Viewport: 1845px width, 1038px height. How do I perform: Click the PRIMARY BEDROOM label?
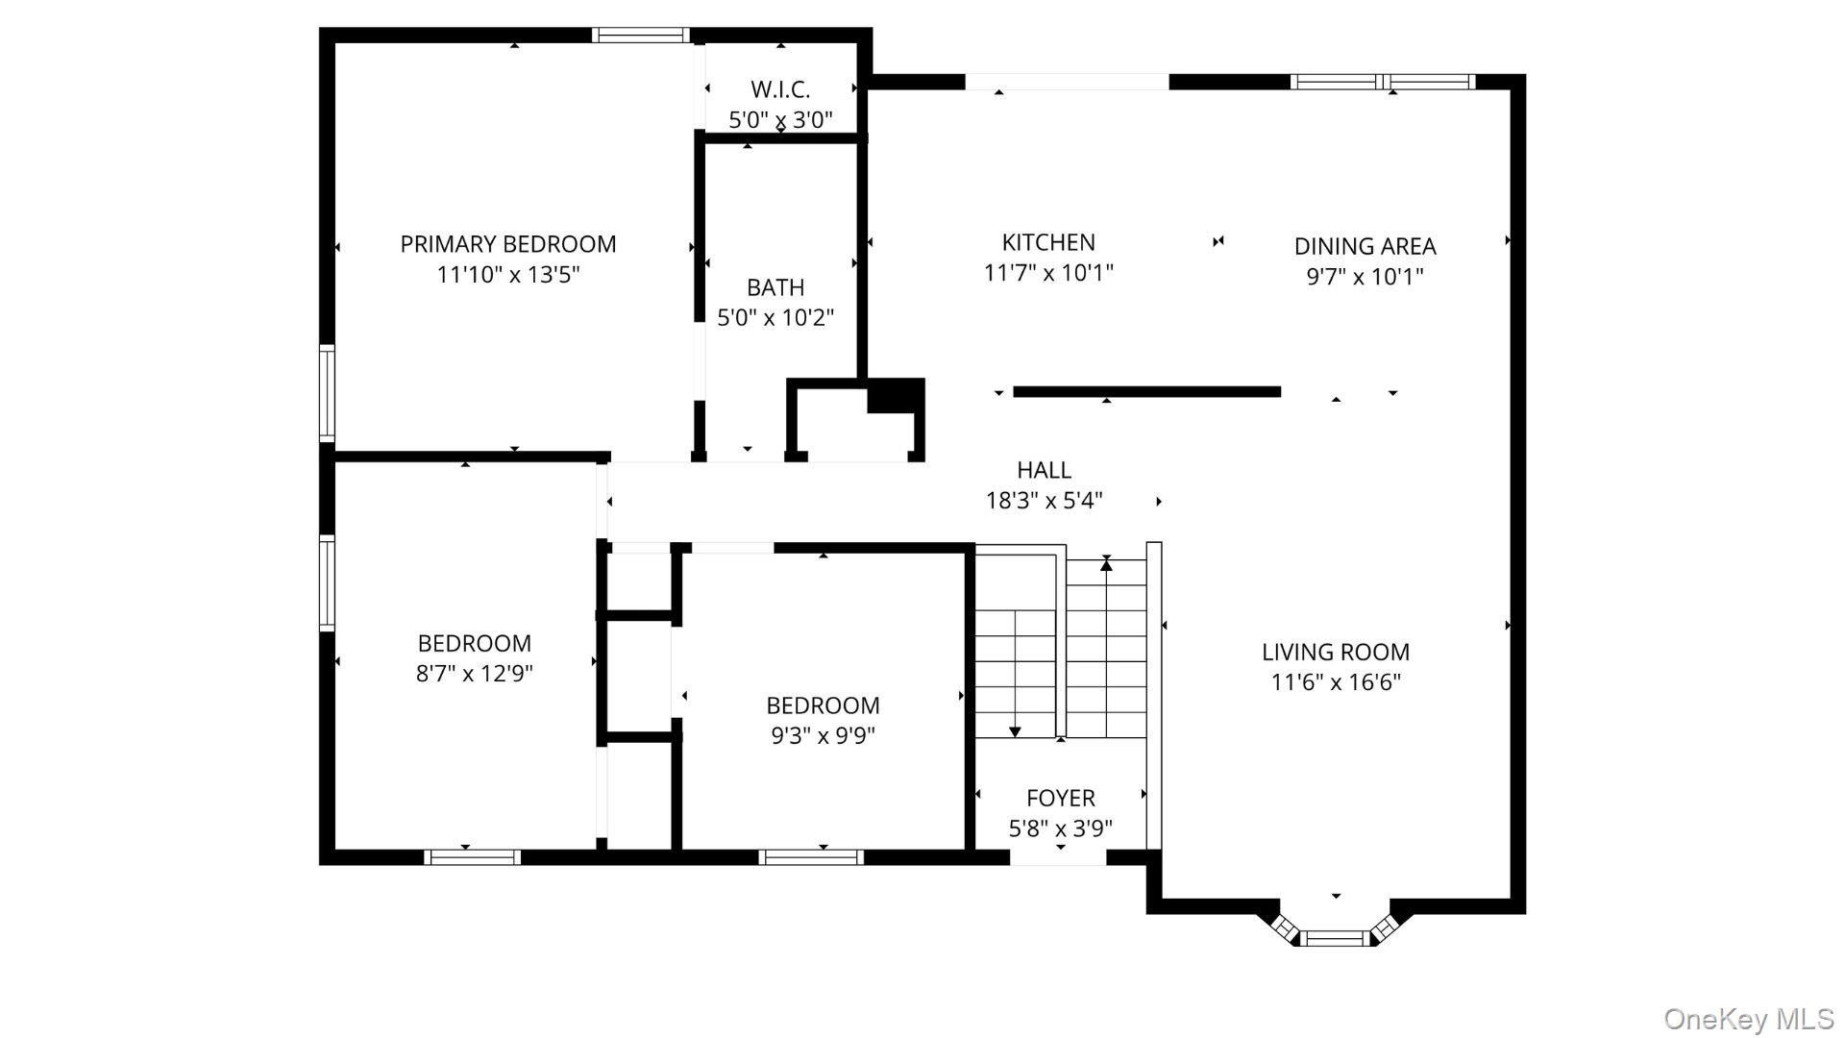coord(508,244)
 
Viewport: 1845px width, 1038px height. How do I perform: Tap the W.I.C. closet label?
coord(780,89)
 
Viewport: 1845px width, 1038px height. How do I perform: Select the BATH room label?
coord(775,287)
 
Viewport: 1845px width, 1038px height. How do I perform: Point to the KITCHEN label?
coord(1048,242)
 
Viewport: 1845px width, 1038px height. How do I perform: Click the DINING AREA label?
coord(1365,246)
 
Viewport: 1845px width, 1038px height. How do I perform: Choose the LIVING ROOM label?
coord(1336,652)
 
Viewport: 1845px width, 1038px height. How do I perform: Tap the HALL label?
coord(1045,470)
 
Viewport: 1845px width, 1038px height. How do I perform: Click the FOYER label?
coord(1061,798)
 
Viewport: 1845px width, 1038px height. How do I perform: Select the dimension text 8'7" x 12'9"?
coord(475,673)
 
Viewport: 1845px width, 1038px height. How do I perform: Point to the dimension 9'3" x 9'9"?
coord(824,735)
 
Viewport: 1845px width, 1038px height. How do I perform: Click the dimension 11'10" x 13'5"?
coord(508,275)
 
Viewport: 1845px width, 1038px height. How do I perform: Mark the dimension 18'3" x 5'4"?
coord(1045,501)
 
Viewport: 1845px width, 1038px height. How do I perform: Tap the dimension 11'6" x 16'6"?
coord(1336,682)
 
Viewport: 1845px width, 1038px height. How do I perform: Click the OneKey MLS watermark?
coord(1749,1019)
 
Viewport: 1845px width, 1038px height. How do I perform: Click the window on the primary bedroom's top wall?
coord(641,36)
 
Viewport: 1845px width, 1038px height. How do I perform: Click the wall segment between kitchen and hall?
coord(1147,391)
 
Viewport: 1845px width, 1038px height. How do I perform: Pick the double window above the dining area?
coord(1383,82)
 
